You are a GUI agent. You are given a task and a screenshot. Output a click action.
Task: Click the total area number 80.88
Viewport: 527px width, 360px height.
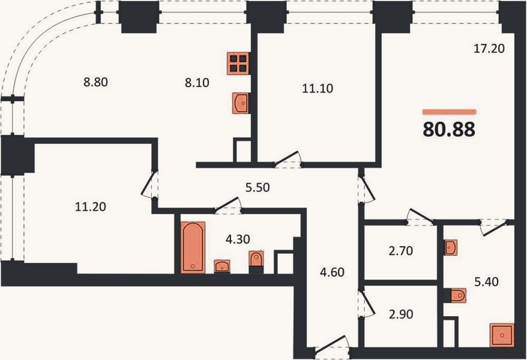point(449,129)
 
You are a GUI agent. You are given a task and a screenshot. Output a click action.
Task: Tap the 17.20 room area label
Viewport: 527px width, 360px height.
point(489,49)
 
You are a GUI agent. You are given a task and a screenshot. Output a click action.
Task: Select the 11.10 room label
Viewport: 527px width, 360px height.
point(318,89)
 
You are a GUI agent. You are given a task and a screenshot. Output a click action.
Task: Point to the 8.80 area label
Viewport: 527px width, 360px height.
point(96,82)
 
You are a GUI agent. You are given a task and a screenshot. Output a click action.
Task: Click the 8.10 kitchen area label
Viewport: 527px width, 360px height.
point(197,83)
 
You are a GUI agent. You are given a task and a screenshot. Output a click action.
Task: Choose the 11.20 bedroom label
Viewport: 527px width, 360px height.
point(91,207)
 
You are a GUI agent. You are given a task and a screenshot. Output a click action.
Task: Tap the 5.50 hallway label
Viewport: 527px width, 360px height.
point(257,188)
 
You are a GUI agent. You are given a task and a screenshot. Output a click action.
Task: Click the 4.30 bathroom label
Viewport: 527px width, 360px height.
point(238,239)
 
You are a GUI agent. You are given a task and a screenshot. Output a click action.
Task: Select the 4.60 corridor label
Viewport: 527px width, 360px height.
point(332,272)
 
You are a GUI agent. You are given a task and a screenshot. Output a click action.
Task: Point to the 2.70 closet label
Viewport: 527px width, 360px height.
point(400,251)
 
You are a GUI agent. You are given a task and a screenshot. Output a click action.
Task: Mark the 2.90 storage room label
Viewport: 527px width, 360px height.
point(401,314)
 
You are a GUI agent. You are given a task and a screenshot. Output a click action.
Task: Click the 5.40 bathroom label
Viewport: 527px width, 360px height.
point(486,282)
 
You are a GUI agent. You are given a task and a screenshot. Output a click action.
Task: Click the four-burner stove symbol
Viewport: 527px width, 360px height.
point(238,64)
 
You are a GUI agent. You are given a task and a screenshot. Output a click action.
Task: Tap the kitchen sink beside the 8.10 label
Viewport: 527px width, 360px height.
point(241,103)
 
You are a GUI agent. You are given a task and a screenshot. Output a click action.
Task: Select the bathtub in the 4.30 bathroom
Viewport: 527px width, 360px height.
point(193,247)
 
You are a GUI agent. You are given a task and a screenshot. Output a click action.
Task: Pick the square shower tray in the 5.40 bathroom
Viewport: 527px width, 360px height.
point(502,335)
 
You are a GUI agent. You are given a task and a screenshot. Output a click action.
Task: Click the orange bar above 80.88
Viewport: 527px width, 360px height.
point(450,112)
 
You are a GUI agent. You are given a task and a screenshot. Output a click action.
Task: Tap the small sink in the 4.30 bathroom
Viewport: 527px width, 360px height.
point(222,266)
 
